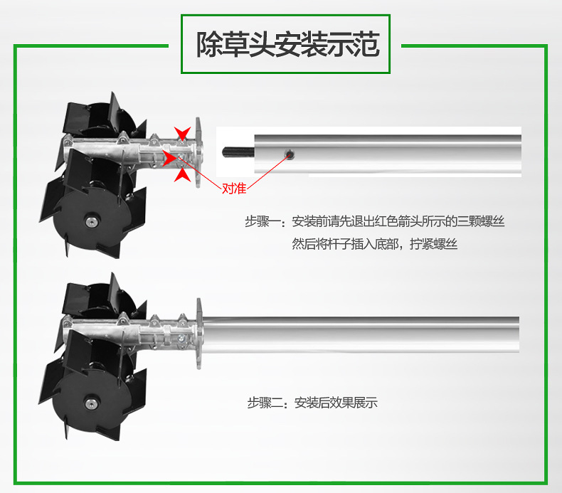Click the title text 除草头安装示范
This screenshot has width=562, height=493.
click(x=287, y=44)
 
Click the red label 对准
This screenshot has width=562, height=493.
click(x=234, y=189)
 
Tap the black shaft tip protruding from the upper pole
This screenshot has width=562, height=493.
click(x=238, y=152)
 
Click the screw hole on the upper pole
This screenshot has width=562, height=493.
click(x=290, y=154)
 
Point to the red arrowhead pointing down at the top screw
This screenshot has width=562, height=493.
click(x=182, y=133)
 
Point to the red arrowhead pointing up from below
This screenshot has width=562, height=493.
click(x=183, y=175)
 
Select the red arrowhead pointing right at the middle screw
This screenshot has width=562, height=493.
click(x=169, y=158)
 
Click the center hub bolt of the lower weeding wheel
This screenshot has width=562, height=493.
click(x=91, y=403)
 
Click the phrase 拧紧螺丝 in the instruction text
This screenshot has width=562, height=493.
click(x=434, y=244)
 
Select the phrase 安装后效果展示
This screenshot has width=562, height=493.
click(x=336, y=403)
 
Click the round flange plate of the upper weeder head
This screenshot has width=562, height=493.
click(x=198, y=153)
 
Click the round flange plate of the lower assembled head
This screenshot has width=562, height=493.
click(x=199, y=334)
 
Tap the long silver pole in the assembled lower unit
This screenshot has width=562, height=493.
click(x=361, y=335)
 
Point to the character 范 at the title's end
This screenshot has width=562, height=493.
click(x=366, y=44)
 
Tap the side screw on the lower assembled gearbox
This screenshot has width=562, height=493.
click(x=181, y=338)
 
